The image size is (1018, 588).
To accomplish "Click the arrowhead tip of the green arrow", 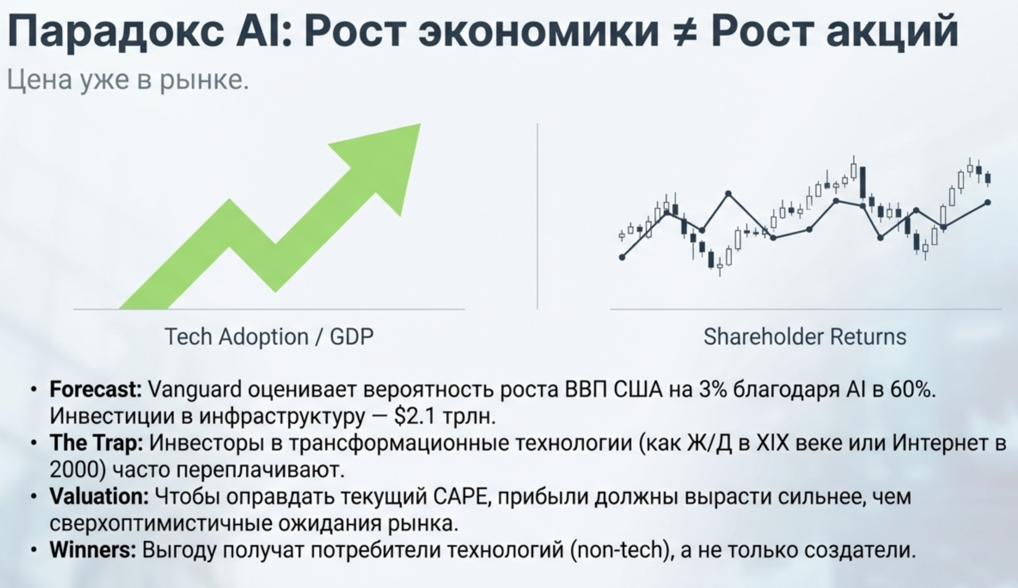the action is [421, 124].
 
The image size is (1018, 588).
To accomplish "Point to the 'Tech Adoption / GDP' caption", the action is [269, 337].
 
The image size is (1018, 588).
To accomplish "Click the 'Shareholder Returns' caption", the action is [805, 337].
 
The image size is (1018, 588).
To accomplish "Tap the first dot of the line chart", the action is [622, 257].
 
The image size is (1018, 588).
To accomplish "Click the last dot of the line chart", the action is [988, 202].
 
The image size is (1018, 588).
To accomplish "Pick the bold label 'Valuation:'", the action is [99, 496].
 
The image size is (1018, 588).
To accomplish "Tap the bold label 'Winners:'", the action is [93, 550].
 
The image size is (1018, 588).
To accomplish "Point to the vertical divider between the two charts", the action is [537, 216].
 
